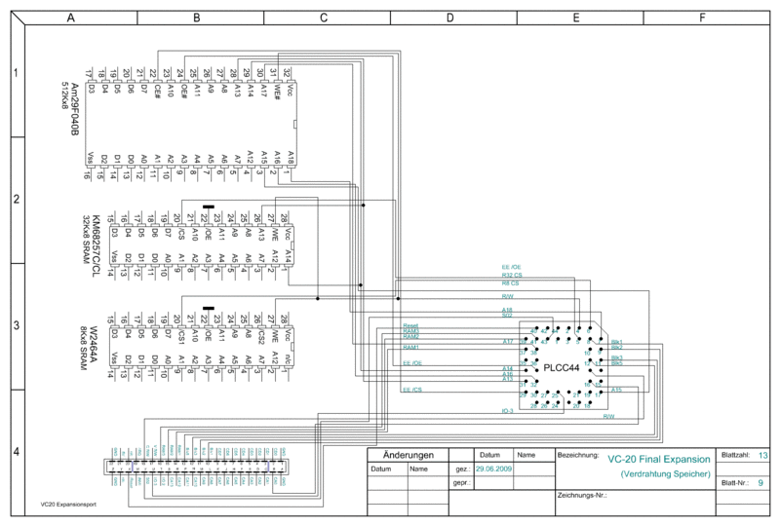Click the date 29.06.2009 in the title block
point(492,469)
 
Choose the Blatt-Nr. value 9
point(760,482)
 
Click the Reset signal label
point(409,325)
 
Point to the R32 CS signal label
point(511,275)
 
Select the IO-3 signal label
point(507,411)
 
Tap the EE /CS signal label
point(411,390)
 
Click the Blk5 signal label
point(616,364)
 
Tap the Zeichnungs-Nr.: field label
point(581,495)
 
